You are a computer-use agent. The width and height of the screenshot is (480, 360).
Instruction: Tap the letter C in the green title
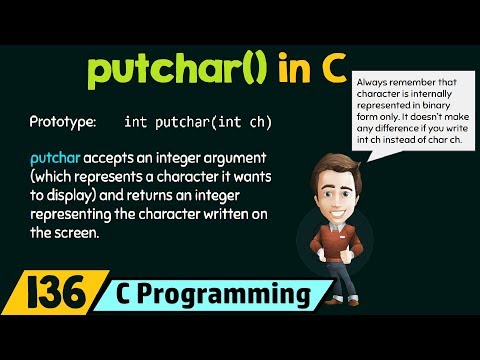(x=327, y=71)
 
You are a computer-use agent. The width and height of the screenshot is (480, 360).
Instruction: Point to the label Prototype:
(x=63, y=122)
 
